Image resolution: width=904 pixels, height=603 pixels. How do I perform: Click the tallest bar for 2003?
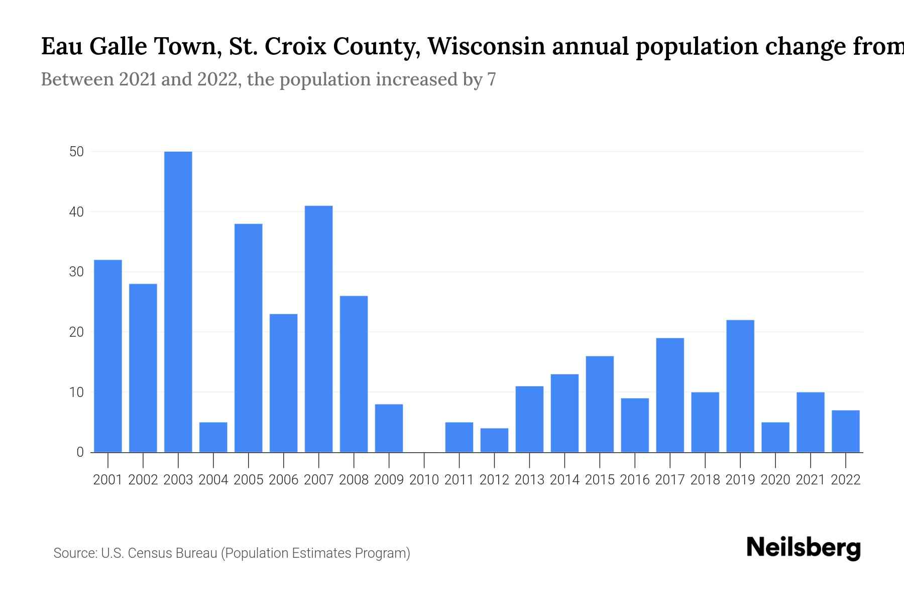click(178, 301)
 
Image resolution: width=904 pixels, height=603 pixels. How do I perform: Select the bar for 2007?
click(318, 329)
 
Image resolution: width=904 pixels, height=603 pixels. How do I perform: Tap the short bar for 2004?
click(213, 437)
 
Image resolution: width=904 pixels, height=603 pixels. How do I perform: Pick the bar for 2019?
click(740, 386)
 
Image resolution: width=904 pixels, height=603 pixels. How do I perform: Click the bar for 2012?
click(494, 440)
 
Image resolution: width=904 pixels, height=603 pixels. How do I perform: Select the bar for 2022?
click(846, 431)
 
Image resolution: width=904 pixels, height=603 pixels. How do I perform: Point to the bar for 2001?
click(108, 356)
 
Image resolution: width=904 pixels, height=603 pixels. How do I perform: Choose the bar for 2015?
click(600, 404)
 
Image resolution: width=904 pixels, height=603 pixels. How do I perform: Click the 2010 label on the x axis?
click(424, 480)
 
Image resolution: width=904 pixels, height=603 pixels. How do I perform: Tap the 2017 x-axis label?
click(670, 480)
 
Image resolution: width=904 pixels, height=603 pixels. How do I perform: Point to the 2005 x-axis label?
click(249, 480)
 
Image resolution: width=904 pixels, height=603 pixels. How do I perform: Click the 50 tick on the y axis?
click(77, 152)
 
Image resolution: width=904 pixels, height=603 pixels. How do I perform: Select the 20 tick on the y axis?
click(77, 332)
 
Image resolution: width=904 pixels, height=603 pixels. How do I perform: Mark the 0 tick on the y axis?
click(80, 452)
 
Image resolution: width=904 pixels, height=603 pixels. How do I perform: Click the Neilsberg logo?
click(804, 548)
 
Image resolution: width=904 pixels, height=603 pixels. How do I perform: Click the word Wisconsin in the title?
click(486, 46)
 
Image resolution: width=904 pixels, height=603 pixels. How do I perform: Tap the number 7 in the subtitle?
click(491, 79)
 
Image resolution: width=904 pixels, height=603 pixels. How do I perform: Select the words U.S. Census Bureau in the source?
click(159, 553)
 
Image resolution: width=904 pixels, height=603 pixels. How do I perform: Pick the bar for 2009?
click(389, 428)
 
